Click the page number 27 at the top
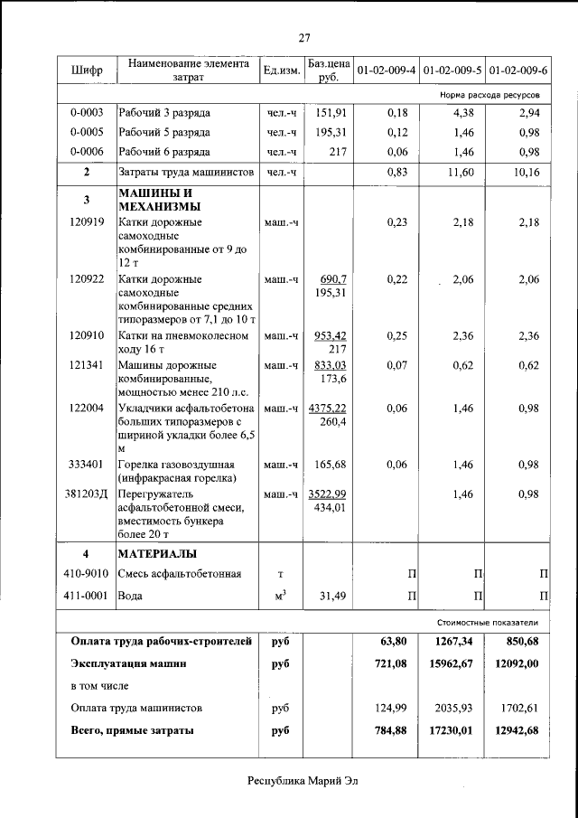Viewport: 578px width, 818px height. point(304,38)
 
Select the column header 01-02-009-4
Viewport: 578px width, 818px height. point(386,70)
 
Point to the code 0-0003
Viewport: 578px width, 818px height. point(87,113)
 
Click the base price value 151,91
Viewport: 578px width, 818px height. point(331,113)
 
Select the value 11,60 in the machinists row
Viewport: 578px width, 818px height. point(461,172)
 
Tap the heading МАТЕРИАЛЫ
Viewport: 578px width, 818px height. point(158,553)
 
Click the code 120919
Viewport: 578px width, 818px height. point(87,221)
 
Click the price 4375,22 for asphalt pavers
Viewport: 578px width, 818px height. point(327,408)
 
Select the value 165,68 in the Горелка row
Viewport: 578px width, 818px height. point(331,465)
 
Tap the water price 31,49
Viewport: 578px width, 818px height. point(331,596)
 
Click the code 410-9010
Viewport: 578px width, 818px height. point(87,574)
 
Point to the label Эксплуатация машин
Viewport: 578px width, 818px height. point(128,664)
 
